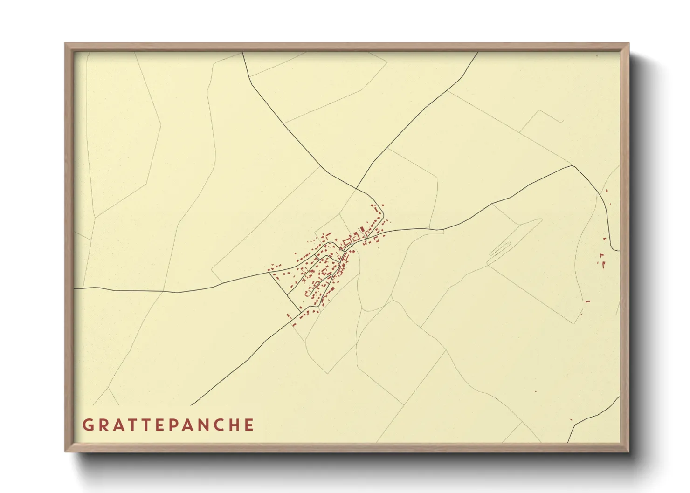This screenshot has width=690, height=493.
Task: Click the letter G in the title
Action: [87, 425]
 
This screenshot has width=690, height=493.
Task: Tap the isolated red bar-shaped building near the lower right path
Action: [587, 301]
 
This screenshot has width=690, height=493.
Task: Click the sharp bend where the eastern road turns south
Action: [573, 166]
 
